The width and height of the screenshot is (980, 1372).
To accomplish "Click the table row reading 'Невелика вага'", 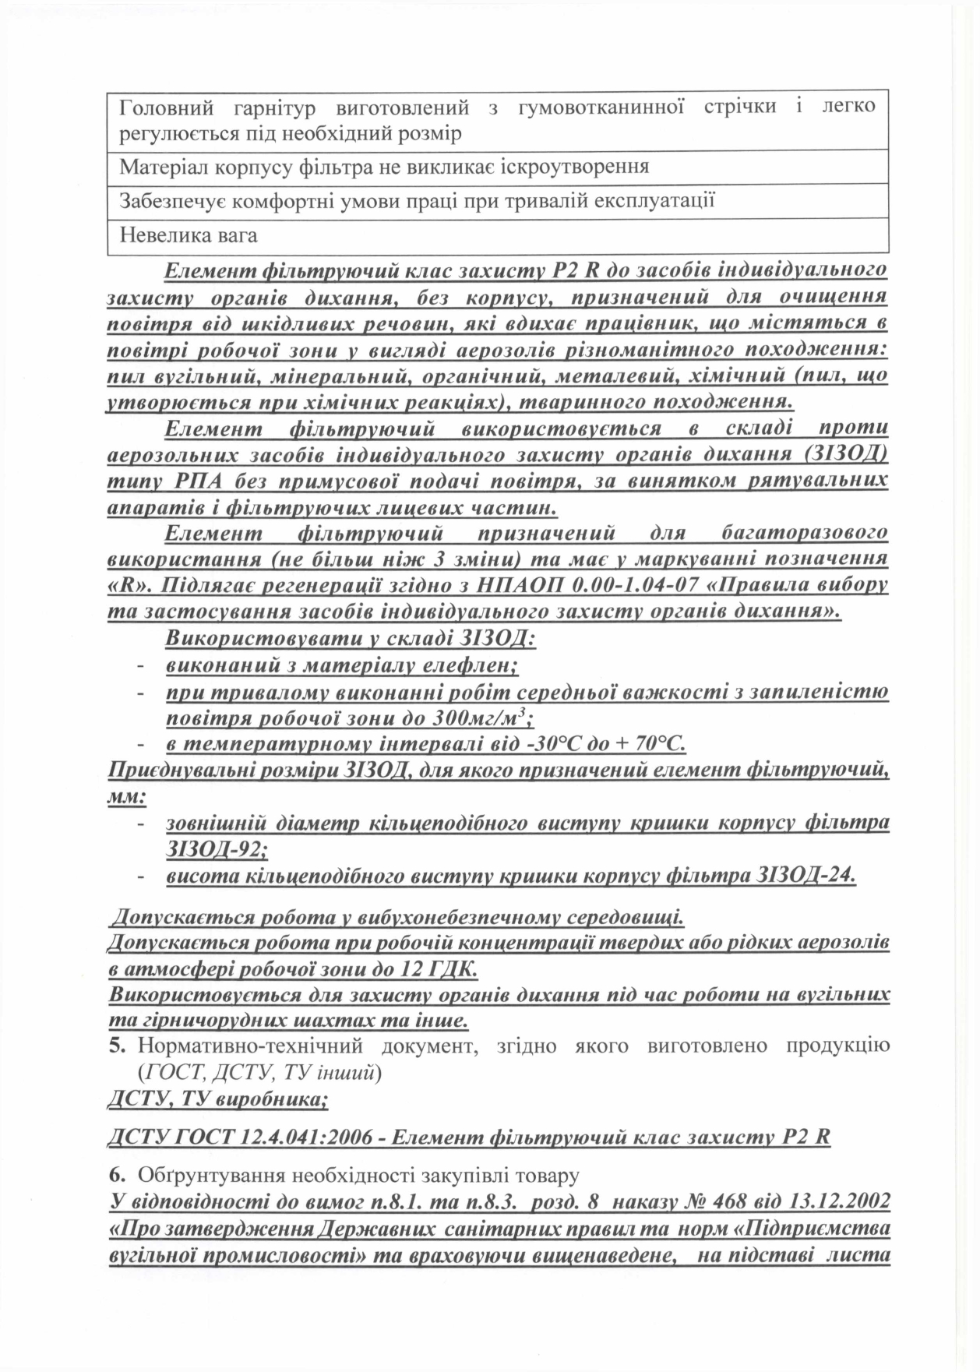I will coord(188,235).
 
